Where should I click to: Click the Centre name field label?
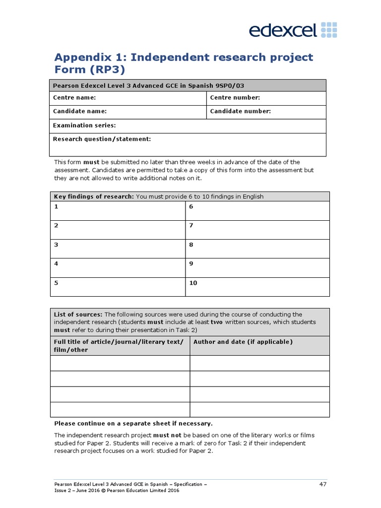74,98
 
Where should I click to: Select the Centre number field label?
235,98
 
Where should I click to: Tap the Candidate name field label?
80,111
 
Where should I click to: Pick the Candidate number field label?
240,111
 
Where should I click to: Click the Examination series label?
84,126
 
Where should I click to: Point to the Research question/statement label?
102,139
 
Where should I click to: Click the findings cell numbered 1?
118,210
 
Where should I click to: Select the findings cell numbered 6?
257,210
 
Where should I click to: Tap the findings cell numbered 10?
257,287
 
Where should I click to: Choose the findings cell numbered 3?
118,249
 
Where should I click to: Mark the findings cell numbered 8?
257,249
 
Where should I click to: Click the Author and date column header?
243,342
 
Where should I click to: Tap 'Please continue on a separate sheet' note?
133,423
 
